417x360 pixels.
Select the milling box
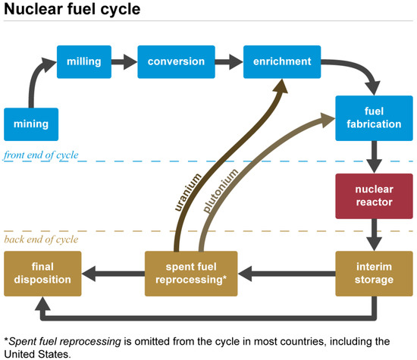[x=84, y=61]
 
